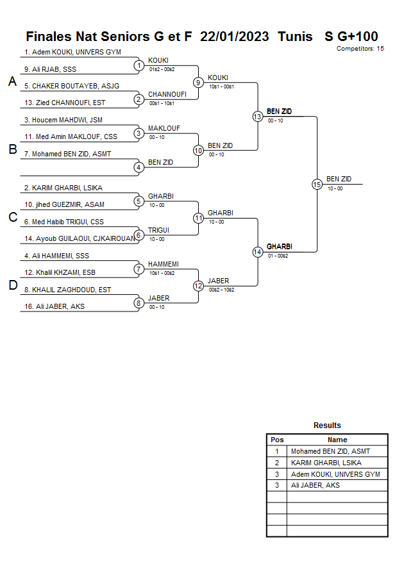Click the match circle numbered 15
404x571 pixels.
(x=316, y=184)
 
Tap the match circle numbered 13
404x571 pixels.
(x=257, y=117)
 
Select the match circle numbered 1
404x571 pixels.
(x=138, y=65)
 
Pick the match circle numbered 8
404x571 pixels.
(x=138, y=302)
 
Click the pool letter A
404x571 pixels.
(x=12, y=82)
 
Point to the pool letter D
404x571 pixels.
(x=12, y=286)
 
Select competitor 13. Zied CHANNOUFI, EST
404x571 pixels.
(x=65, y=103)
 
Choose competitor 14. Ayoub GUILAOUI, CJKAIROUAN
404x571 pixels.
(x=78, y=238)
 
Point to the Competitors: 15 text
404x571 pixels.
(x=360, y=48)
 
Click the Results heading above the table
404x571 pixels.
(x=327, y=426)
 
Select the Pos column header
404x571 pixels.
(x=277, y=440)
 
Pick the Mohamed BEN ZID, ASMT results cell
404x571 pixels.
(x=330, y=451)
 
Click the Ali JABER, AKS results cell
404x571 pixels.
(x=315, y=486)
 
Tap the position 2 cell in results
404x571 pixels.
(x=277, y=463)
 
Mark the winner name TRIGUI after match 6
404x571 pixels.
(x=159, y=230)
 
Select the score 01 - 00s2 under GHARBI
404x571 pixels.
(x=278, y=256)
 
